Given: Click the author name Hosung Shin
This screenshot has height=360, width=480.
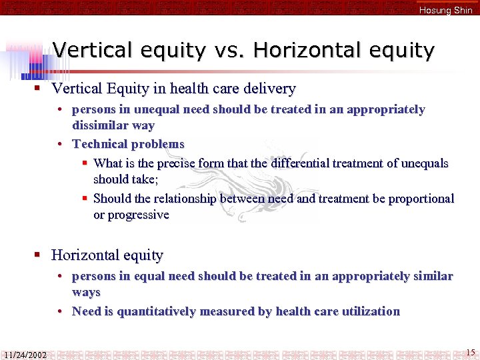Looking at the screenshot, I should pos(445,10).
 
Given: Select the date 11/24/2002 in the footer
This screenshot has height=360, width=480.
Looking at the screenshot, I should pos(24,354).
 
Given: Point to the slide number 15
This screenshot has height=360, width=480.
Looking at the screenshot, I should pos(470,352).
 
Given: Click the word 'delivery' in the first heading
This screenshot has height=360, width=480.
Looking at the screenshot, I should pos(269,89).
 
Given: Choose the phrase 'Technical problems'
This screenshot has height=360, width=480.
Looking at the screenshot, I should pos(128,144).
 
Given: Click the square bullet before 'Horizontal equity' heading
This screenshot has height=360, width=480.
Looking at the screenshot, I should pos(39,255).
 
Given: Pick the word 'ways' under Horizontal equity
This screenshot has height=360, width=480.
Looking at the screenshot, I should pos(86,292).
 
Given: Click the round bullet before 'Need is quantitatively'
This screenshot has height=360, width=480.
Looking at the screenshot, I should pos(60,311).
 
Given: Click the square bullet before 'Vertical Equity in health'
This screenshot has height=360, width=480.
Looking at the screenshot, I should pos(39,89).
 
